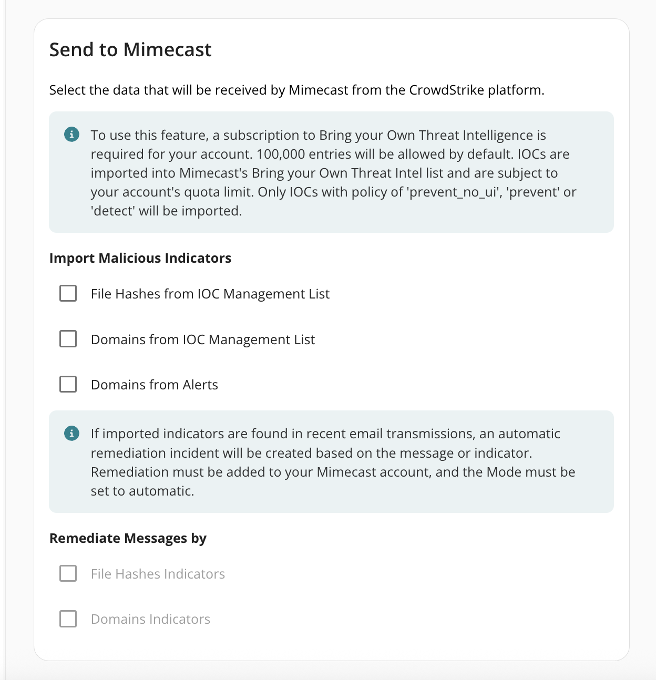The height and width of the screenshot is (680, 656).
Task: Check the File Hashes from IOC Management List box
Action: [68, 293]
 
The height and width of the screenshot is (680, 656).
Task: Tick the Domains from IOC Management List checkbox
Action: [68, 339]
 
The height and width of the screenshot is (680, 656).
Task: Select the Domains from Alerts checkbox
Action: [68, 384]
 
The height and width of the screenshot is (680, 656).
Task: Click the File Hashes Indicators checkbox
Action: [68, 573]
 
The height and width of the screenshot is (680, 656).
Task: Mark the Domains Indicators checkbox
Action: [68, 619]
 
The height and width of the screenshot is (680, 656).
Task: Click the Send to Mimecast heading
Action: [130, 50]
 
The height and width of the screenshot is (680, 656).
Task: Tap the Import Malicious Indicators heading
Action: [140, 258]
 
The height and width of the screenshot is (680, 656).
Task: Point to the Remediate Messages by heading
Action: [128, 538]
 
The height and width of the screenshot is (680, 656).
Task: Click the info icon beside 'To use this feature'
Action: [71, 135]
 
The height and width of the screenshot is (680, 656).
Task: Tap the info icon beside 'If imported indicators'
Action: [71, 433]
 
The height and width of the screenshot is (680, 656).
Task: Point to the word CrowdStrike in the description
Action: [446, 90]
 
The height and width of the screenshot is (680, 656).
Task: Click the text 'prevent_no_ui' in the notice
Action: [453, 192]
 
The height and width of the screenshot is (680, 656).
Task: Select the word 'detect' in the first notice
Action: [112, 211]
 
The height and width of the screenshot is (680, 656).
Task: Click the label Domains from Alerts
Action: [155, 385]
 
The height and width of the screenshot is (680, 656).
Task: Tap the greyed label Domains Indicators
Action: [150, 619]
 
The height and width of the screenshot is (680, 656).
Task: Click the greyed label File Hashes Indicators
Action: [158, 574]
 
